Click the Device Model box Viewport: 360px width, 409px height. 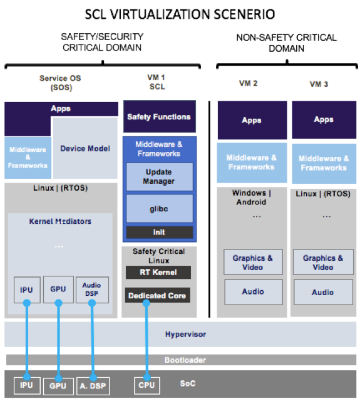85,148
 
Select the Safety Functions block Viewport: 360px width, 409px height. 159,116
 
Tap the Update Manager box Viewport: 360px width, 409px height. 159,176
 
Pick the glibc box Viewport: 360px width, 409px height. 159,208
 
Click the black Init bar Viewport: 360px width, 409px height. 159,232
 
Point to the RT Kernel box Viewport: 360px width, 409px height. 158,272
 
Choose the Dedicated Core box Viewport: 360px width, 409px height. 157,295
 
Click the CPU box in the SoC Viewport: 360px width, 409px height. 147,385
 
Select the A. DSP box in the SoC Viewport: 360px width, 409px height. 93,386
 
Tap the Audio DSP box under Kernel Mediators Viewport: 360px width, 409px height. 92,290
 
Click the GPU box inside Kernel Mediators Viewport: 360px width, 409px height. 58,290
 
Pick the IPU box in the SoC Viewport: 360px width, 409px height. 27,385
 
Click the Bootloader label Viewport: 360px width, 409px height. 185,360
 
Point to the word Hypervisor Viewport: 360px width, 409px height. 185,334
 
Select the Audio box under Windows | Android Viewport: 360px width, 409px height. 254,292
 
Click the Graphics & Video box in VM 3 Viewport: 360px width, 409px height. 323,262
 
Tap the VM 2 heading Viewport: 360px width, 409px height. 249,83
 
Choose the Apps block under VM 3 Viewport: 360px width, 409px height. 324,119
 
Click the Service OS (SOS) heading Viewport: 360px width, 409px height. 61,83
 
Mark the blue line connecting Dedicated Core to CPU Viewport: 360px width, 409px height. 147,340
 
